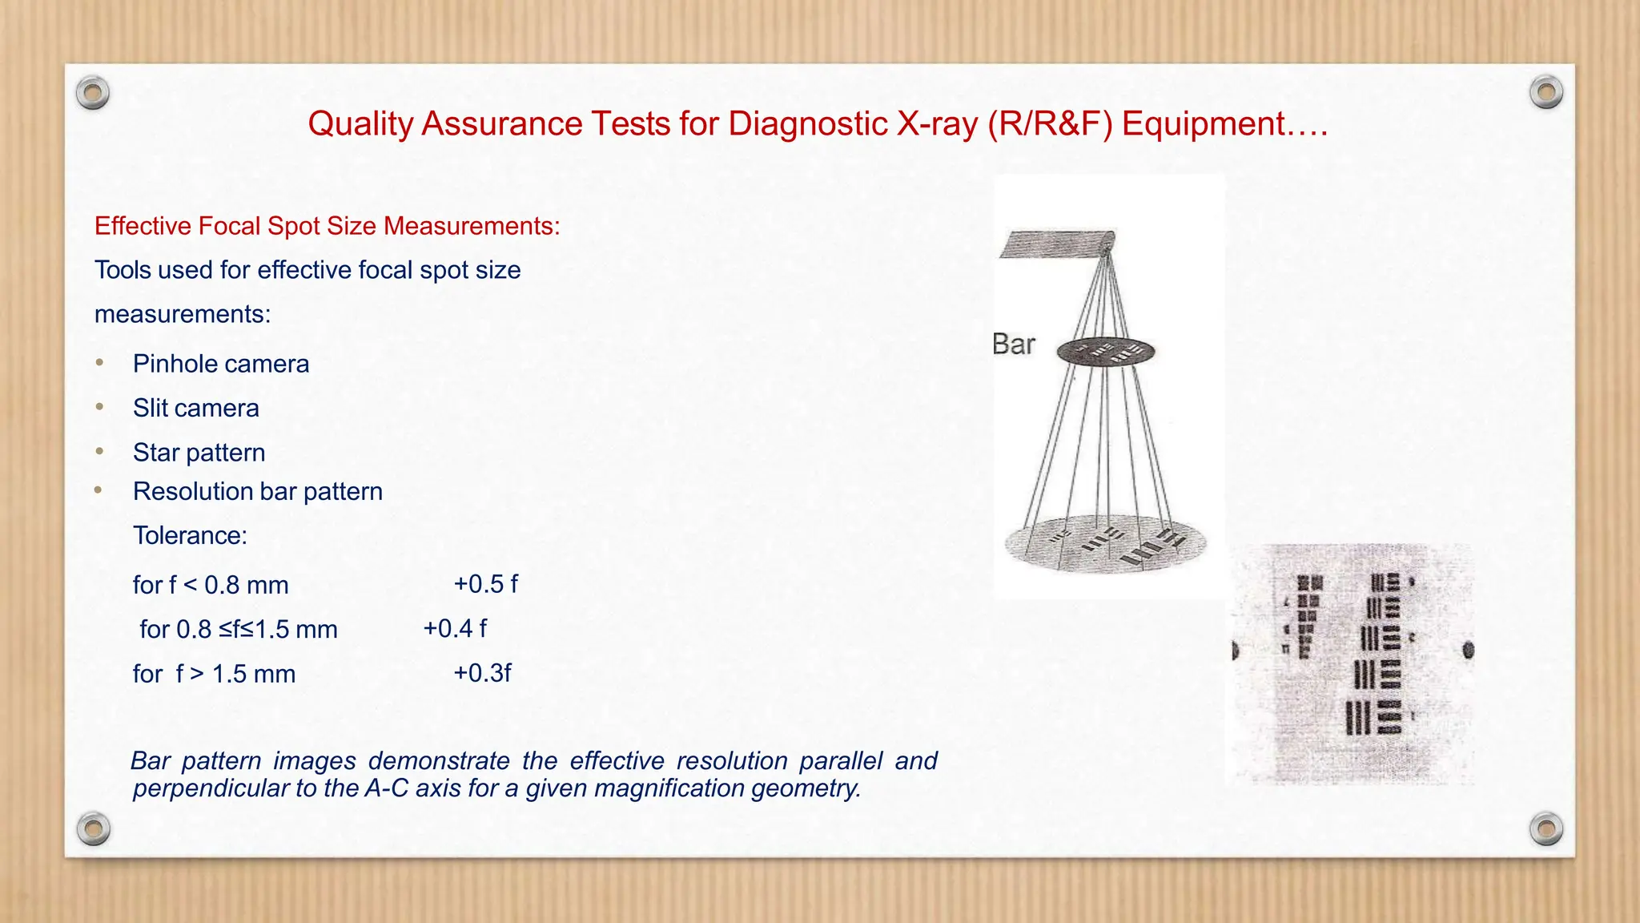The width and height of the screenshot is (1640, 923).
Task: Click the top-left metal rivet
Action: click(93, 94)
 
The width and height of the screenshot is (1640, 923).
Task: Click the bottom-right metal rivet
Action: click(1546, 828)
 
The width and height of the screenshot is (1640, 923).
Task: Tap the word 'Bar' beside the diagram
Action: click(1013, 345)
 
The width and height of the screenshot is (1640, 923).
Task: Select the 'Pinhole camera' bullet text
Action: click(221, 364)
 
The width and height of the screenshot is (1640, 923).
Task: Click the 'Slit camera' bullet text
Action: click(196, 408)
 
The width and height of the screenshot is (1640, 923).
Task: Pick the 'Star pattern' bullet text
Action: click(199, 453)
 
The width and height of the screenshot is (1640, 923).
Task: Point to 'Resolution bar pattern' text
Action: click(258, 491)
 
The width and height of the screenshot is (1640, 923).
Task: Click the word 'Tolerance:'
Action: click(190, 535)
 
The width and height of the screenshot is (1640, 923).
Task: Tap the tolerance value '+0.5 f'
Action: click(485, 584)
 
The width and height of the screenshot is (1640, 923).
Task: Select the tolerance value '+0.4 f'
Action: click(454, 628)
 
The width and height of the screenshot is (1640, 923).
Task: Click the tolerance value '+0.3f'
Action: click(482, 673)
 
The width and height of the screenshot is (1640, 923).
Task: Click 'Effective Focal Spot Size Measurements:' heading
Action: click(327, 226)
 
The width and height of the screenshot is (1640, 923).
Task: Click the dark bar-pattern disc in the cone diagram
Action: click(1105, 352)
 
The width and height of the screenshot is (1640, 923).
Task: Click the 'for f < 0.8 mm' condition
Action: click(211, 585)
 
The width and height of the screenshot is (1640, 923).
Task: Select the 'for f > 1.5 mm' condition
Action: click(214, 674)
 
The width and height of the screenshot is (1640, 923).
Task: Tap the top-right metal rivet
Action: click(1546, 92)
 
